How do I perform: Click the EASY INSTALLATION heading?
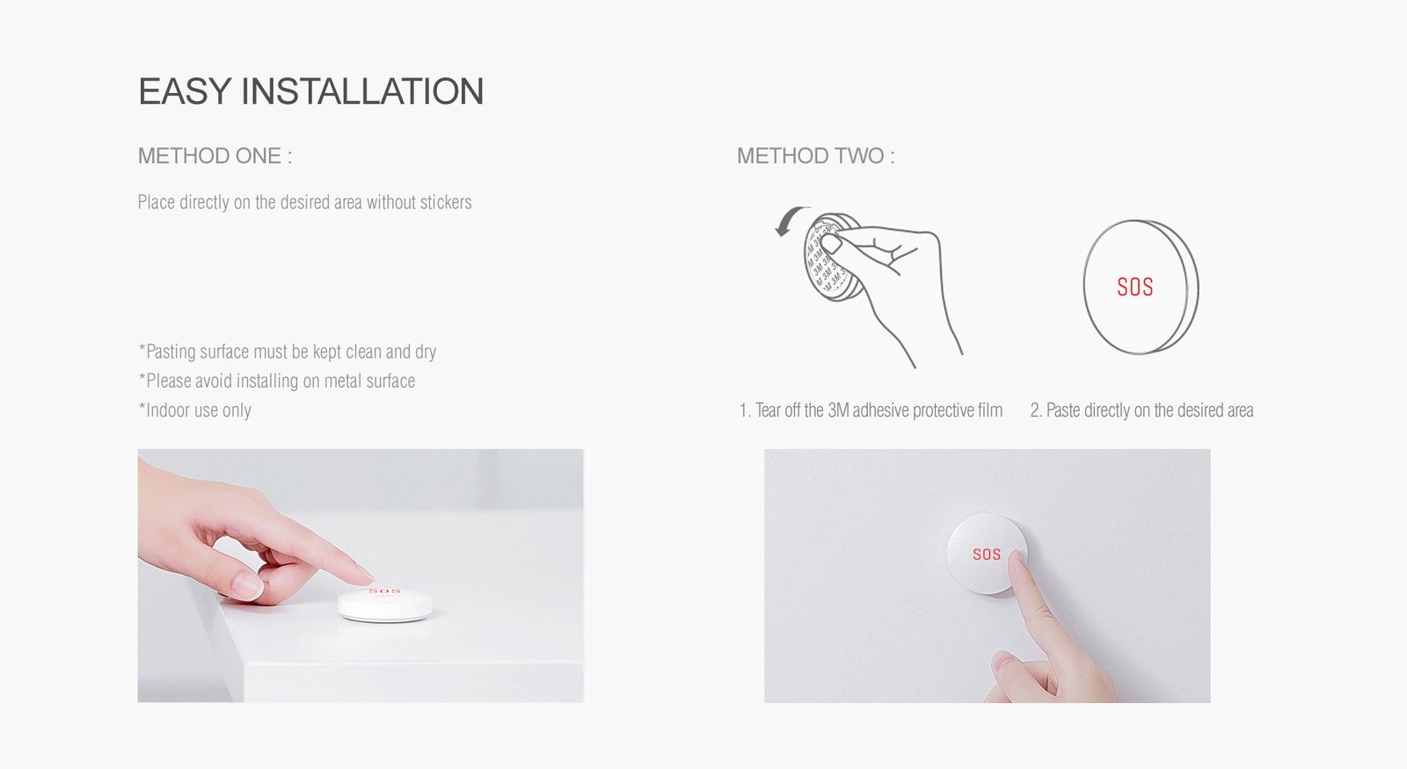point(310,91)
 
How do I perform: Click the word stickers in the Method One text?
point(445,203)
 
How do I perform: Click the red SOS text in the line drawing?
point(1134,287)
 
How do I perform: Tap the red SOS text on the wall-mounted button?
point(987,555)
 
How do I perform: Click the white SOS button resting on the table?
point(385,605)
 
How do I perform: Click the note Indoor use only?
point(195,410)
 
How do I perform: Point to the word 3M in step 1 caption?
point(838,410)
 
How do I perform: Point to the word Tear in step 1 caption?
point(768,410)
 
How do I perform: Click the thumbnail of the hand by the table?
point(245,584)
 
